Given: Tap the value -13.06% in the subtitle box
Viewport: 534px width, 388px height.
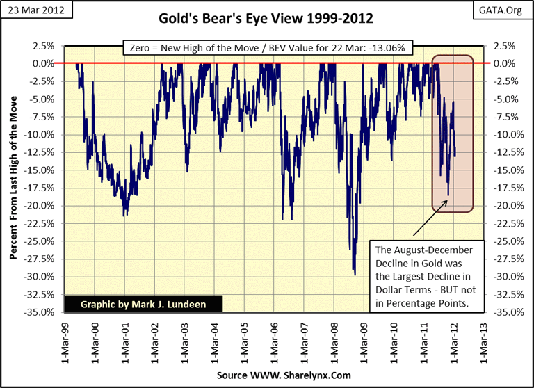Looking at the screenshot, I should [x=392, y=49].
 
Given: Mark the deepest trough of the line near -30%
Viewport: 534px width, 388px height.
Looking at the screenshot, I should [x=355, y=275].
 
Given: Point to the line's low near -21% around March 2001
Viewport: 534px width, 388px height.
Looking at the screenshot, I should [x=124, y=216].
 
